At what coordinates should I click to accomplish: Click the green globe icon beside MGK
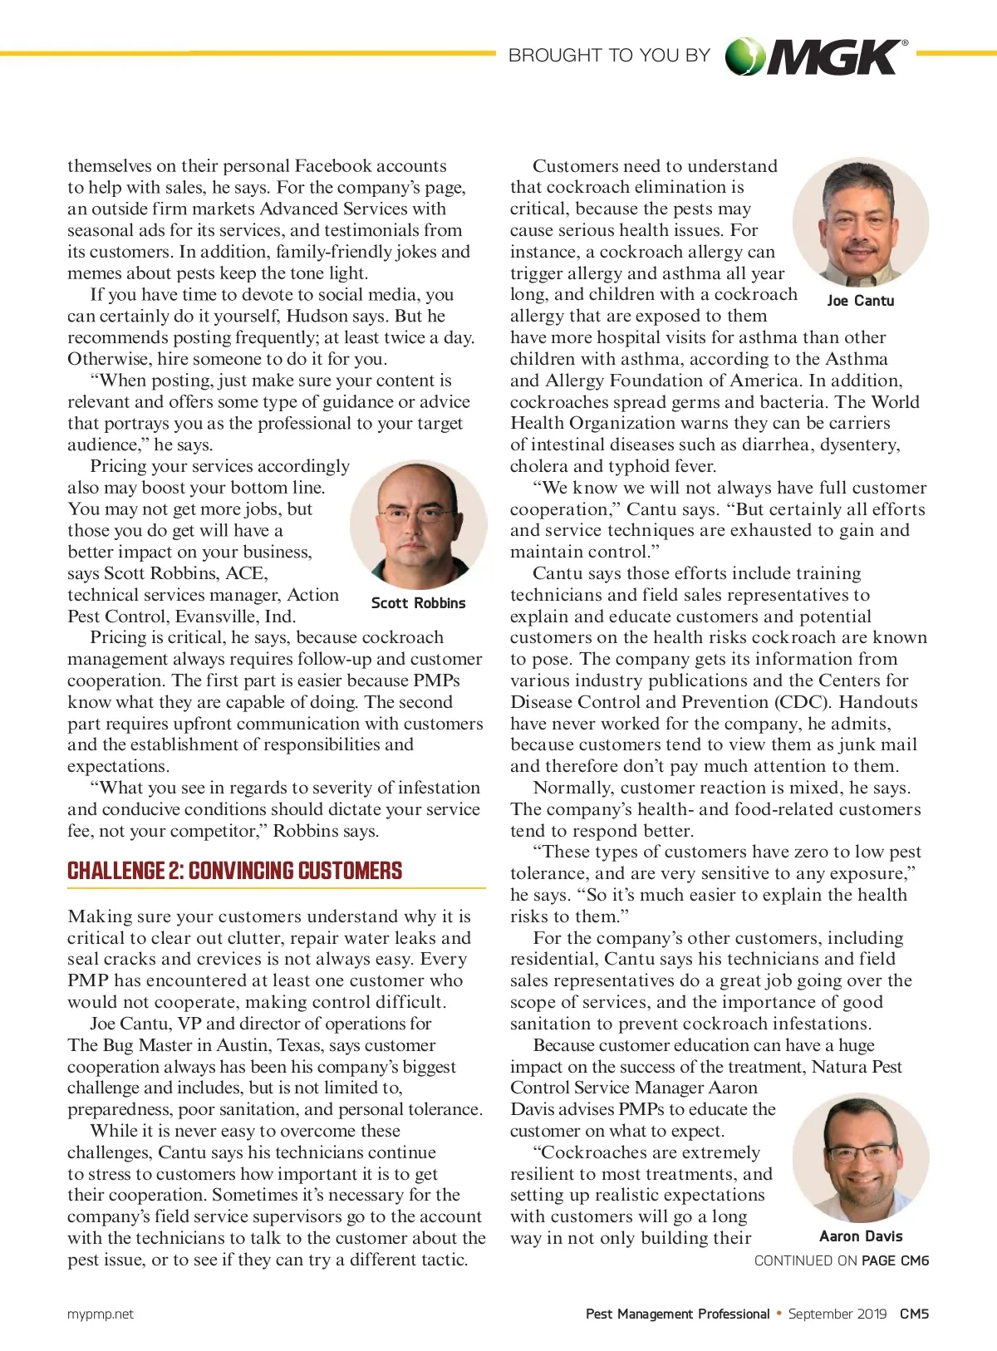(x=744, y=56)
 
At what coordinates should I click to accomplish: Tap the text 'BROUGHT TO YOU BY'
(x=609, y=56)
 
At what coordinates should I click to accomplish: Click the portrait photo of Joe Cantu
(x=861, y=223)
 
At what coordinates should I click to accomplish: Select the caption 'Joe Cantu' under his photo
(x=861, y=301)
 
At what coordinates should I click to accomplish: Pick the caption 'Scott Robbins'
(x=418, y=603)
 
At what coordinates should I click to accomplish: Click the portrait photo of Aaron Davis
(x=861, y=1157)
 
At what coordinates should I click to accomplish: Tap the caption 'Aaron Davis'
(x=861, y=1236)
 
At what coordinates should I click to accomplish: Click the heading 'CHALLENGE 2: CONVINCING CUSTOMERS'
(x=235, y=871)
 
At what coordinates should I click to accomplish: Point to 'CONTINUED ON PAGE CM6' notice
(x=841, y=1260)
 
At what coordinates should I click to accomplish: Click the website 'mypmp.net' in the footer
(x=101, y=1314)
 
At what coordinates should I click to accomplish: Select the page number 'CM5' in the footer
(x=914, y=1314)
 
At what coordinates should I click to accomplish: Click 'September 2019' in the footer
(x=837, y=1314)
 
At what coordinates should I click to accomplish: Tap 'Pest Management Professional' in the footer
(x=677, y=1314)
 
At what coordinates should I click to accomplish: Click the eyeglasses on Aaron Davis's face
(x=862, y=1152)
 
